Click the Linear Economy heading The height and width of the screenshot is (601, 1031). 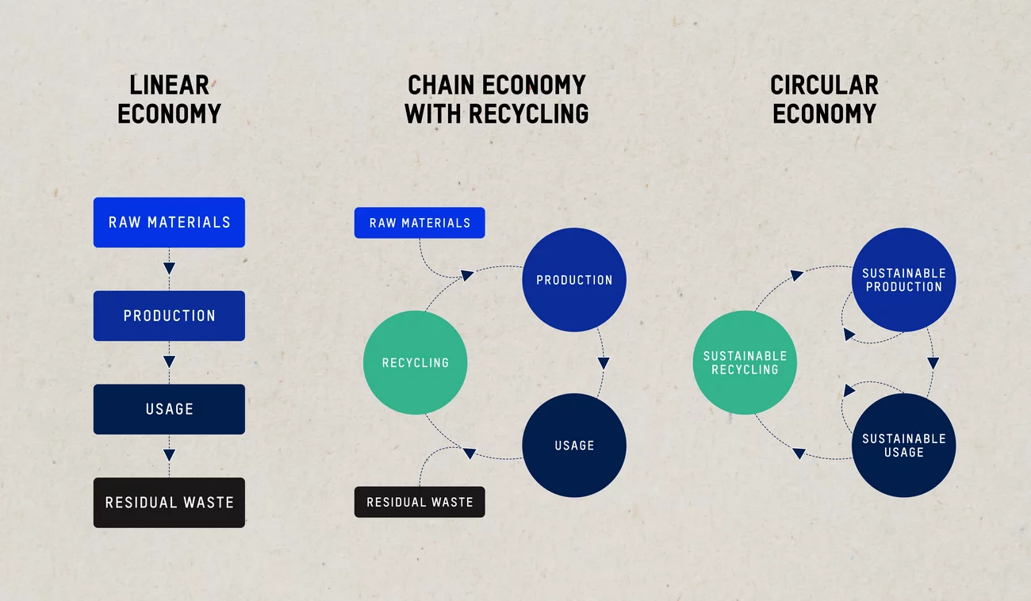(x=169, y=99)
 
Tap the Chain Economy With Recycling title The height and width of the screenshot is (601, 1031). (x=496, y=99)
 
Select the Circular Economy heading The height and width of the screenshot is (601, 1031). (x=824, y=99)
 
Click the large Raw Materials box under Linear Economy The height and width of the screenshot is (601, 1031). (x=169, y=223)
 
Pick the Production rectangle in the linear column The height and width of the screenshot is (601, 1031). (x=169, y=316)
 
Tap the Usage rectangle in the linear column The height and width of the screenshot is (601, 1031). (x=169, y=409)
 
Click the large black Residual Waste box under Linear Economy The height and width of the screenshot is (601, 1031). (x=169, y=503)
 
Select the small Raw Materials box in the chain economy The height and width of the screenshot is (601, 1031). (x=420, y=223)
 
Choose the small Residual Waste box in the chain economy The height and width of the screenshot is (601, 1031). (x=420, y=502)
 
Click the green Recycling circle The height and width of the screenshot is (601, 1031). (x=415, y=362)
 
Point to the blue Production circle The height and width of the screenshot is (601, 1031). (x=574, y=280)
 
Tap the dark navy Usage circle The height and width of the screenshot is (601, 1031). (x=574, y=445)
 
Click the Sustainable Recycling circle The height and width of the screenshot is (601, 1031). (x=745, y=362)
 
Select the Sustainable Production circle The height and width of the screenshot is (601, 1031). (x=904, y=280)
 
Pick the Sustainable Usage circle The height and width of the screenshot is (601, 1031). (x=904, y=445)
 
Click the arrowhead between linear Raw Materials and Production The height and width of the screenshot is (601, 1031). (x=169, y=268)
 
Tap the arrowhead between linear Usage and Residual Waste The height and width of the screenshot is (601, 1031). (x=169, y=454)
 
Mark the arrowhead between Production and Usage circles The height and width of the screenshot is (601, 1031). (x=604, y=363)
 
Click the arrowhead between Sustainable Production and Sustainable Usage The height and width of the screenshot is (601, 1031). (x=933, y=363)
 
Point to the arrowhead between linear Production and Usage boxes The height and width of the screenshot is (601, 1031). (x=169, y=362)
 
